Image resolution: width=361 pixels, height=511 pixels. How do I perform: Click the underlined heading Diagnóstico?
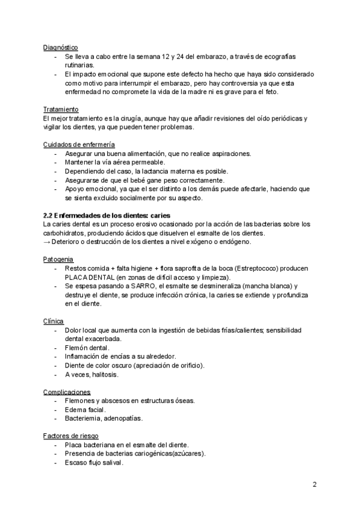tap(60, 47)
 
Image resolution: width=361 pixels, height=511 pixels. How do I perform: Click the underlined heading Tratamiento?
tap(61, 109)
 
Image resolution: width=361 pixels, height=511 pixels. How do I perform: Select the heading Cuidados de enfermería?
tap(79, 145)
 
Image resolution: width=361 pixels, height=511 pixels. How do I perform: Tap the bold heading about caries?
tap(107, 215)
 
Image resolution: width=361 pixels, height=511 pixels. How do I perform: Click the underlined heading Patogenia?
tap(59, 259)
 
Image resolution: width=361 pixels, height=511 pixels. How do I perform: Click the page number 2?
tap(315, 484)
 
